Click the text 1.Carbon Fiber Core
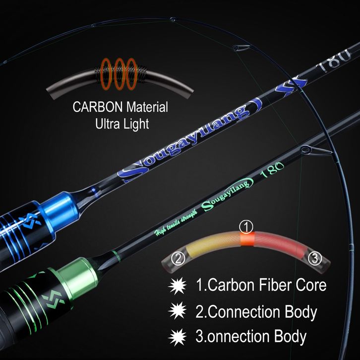261,286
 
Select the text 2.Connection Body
256,312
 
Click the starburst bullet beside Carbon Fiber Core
177,286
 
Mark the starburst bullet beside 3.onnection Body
177,337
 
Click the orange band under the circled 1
246,240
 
